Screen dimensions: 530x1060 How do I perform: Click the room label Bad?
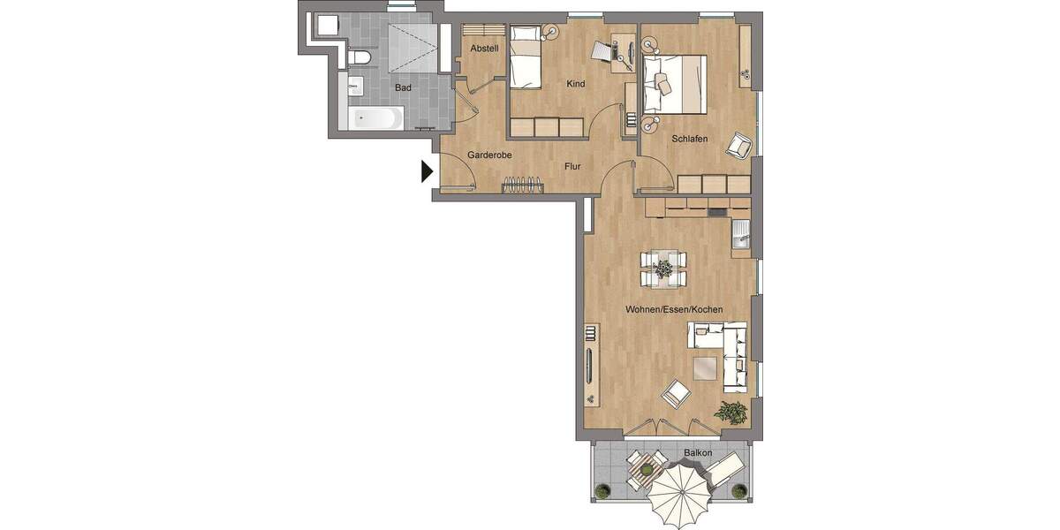[x=403, y=88]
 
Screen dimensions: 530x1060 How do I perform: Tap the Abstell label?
[x=485, y=48]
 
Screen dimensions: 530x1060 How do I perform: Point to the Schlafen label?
[x=689, y=139]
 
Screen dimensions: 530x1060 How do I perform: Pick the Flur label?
[x=572, y=165]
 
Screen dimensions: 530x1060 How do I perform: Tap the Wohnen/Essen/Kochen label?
[x=674, y=310]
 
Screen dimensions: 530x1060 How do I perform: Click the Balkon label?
[x=697, y=453]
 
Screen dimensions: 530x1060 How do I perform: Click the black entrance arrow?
[x=427, y=170]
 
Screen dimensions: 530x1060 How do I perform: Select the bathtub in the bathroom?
[x=375, y=118]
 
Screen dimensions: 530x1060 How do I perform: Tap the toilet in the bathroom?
[x=358, y=58]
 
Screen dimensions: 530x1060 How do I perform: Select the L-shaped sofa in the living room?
[x=727, y=353]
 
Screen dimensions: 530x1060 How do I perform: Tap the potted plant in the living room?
[x=731, y=412]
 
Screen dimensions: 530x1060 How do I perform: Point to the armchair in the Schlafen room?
[x=738, y=146]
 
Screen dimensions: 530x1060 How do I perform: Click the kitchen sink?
[x=741, y=236]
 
